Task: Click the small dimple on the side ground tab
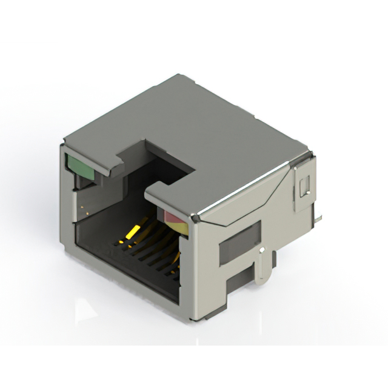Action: tap(261, 249)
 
